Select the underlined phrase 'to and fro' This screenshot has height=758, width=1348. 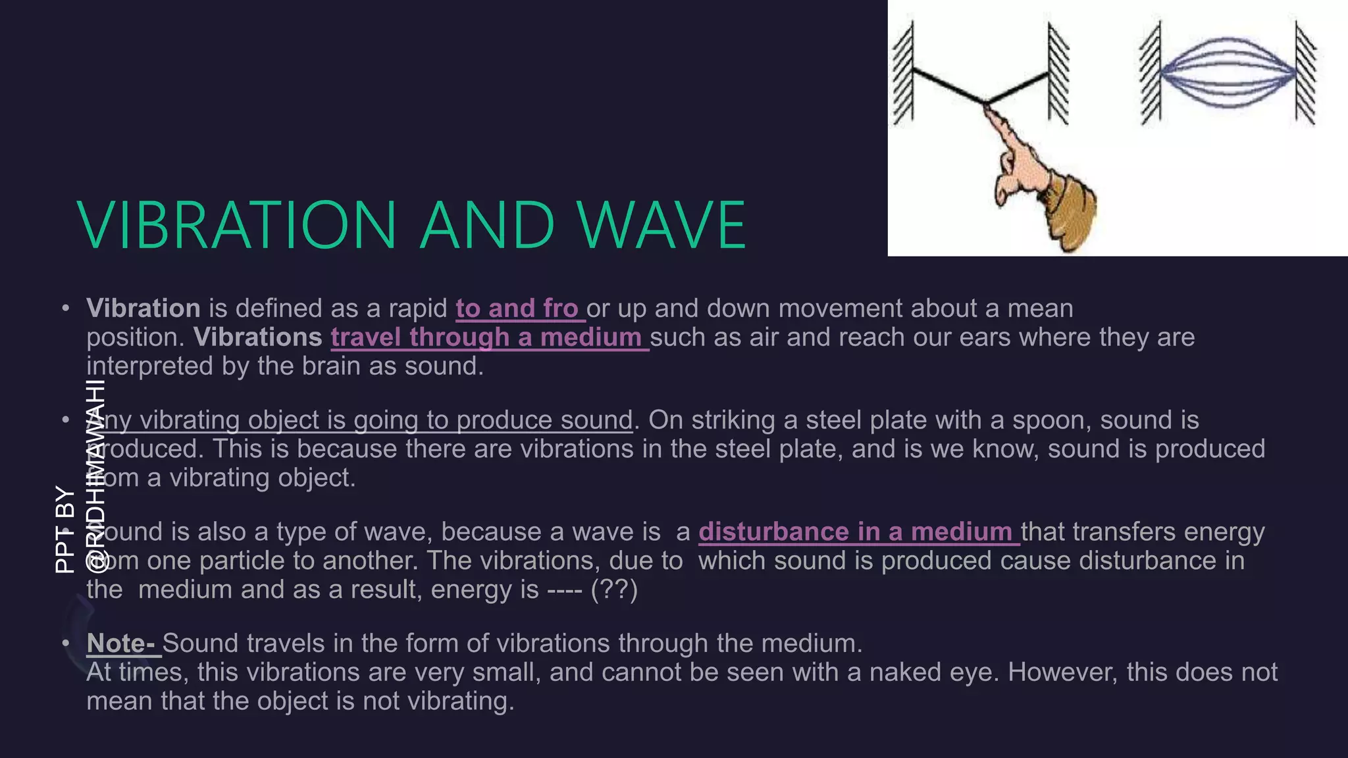pos(517,309)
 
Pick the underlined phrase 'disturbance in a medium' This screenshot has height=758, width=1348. pos(856,532)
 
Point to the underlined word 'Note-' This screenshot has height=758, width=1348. pos(122,644)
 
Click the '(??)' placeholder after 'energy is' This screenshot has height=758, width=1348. pos(614,590)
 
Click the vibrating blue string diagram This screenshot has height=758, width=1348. pos(1228,72)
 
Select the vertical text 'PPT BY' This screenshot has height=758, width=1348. pos(65,530)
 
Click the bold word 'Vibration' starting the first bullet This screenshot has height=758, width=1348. pos(143,309)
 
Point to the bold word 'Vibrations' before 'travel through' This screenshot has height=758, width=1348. pos(258,338)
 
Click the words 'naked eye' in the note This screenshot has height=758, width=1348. pos(933,672)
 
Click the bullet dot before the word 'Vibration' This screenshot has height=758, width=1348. pos(65,309)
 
